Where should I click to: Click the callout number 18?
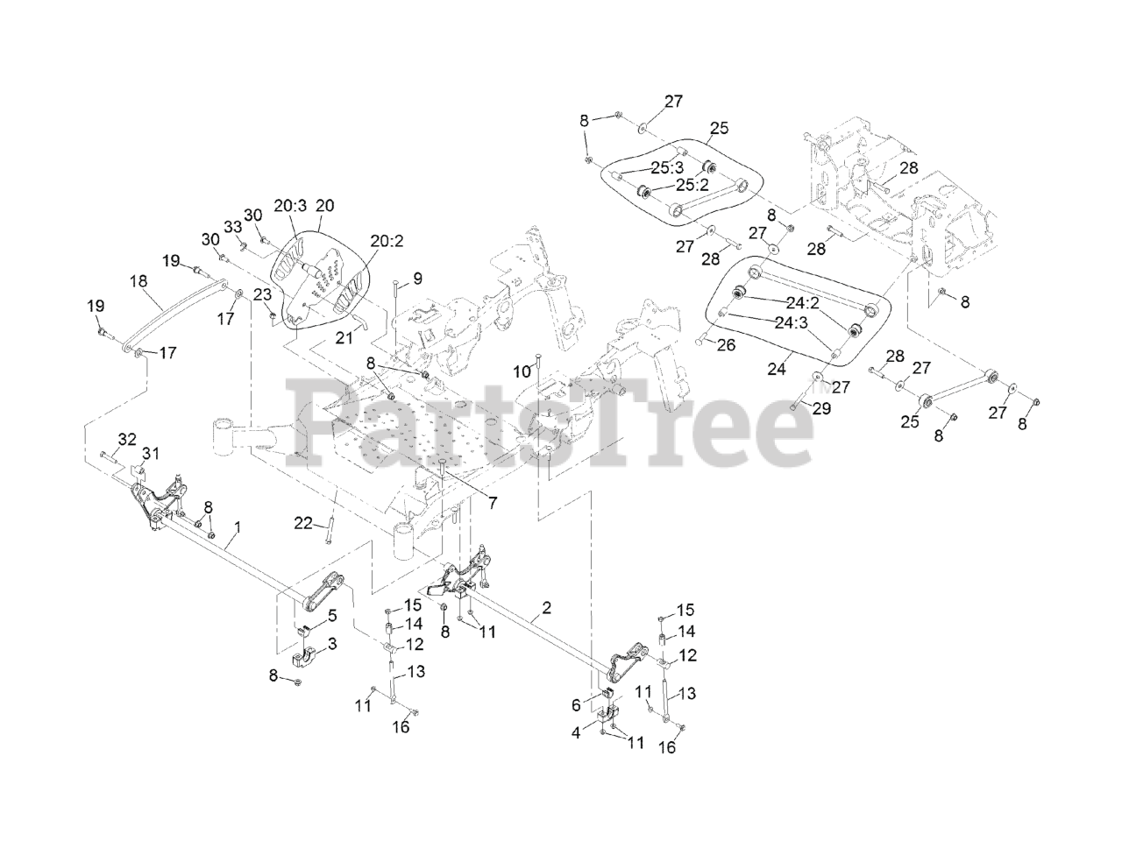coord(138,282)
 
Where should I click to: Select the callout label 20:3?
coord(289,205)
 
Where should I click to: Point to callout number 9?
coord(417,279)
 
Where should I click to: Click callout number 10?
coord(522,371)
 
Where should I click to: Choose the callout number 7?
coord(493,503)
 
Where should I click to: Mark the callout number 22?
coord(302,523)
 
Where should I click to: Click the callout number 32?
coord(127,438)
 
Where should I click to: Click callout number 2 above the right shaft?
coord(547,607)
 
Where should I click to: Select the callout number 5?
coord(331,616)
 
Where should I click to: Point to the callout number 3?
coord(331,644)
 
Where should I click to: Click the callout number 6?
coord(576,703)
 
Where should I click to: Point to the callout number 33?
coord(233,226)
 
